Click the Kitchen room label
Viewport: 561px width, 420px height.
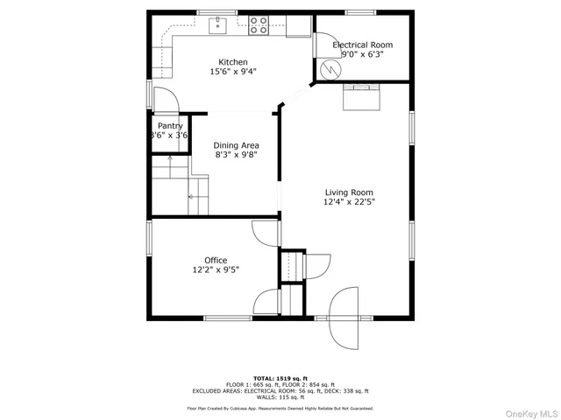pos(233,62)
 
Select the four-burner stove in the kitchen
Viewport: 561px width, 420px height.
pos(259,25)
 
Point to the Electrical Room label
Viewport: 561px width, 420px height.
pos(362,45)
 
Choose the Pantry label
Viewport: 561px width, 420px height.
pos(170,126)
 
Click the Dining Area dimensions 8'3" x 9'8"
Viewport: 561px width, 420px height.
pos(237,155)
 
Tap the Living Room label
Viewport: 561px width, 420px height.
pos(350,192)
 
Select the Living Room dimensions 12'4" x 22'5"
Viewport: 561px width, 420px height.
pos(350,203)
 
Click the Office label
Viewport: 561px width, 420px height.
pos(216,261)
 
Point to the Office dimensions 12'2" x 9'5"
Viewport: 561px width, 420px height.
pos(216,270)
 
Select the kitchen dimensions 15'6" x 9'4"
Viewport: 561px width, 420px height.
pos(233,72)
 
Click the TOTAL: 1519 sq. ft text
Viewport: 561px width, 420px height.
pos(280,378)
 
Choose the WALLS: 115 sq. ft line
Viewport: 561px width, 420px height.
pos(280,399)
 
